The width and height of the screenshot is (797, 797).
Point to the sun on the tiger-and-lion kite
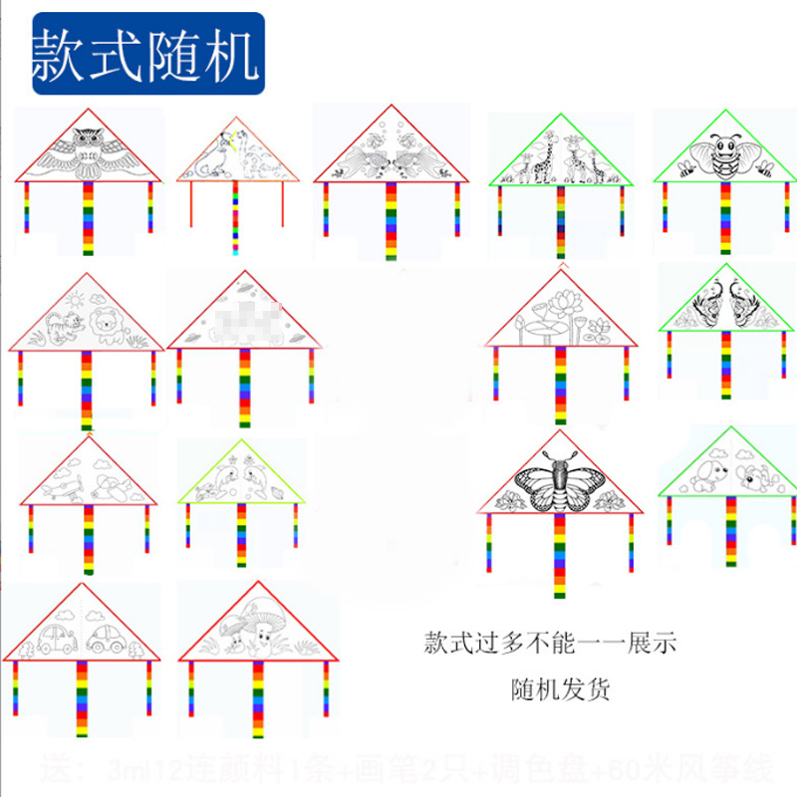73,298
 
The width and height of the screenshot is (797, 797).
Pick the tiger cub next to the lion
65,328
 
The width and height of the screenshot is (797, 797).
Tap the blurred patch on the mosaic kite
242,320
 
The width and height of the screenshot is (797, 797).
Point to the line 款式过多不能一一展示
549,643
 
